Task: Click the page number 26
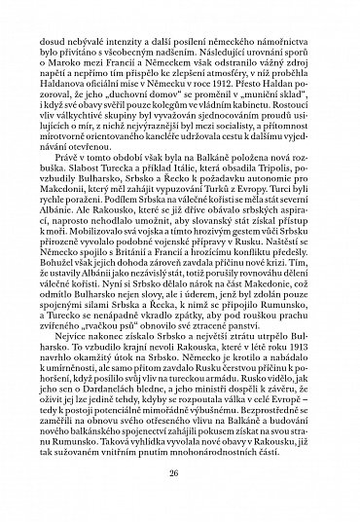tap(181, 474)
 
